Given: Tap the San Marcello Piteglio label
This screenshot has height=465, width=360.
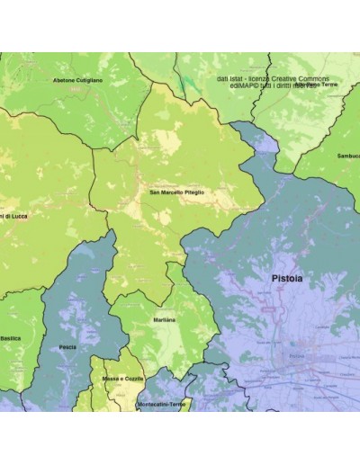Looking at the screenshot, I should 176,192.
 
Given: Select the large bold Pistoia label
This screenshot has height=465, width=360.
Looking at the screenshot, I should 287,280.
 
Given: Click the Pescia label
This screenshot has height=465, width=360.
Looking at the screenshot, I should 67,346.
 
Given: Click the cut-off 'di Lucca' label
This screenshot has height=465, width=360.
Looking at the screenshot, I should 14,217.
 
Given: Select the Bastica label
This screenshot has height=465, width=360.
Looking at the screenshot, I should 10,338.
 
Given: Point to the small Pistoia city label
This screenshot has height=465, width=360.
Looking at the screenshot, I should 296,357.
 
